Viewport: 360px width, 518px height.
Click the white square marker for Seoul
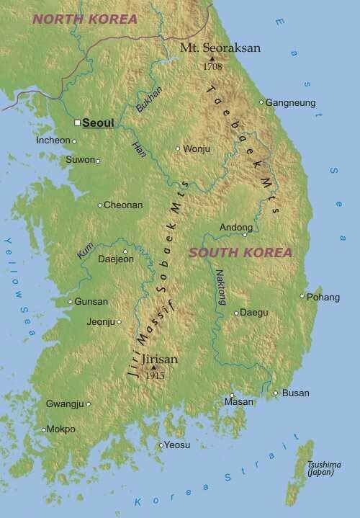pyautogui.click(x=77, y=123)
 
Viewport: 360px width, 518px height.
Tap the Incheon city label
pyautogui.click(x=53, y=140)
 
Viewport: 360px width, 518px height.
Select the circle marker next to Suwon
pyautogui.click(x=98, y=161)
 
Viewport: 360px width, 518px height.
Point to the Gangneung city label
pyautogui.click(x=291, y=103)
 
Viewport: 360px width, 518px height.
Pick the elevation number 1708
pyautogui.click(x=212, y=66)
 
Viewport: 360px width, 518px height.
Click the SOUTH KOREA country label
pyautogui.click(x=240, y=253)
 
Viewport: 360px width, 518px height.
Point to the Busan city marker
pyautogui.click(x=275, y=393)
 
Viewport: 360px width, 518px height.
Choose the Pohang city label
pyautogui.click(x=323, y=297)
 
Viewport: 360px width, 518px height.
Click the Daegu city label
pyautogui.click(x=253, y=313)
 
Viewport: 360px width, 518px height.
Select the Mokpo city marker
pyautogui.click(x=44, y=429)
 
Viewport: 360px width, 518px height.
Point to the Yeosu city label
pyautogui.click(x=177, y=445)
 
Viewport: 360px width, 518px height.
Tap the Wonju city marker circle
pyautogui.click(x=178, y=149)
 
